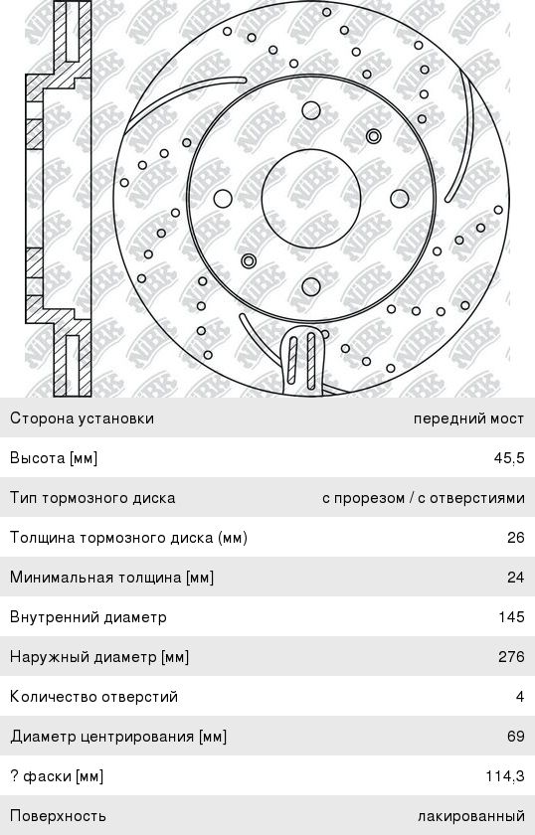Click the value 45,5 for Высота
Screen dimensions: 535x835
coord(509,458)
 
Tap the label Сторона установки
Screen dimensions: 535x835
coord(83,418)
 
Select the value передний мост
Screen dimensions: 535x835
coord(469,418)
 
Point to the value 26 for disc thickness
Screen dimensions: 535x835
coord(516,538)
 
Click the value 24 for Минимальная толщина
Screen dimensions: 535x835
coord(516,578)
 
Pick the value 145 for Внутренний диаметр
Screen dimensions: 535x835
coord(511,616)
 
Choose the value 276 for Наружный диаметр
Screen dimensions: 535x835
coord(511,657)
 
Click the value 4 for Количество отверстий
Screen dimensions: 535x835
coord(520,697)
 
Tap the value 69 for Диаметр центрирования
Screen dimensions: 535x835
coord(516,736)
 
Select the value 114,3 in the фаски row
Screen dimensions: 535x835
coord(505,776)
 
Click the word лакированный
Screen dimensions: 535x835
coord(471,816)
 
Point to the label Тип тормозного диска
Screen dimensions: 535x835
coord(92,498)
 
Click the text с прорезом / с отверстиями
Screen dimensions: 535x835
coord(424,498)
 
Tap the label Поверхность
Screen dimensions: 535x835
coord(58,816)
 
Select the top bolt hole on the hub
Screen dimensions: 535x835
coord(311,110)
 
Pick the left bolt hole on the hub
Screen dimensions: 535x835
coord(223,199)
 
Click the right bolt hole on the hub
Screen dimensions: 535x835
coord(400,199)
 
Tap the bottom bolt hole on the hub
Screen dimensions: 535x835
coord(311,287)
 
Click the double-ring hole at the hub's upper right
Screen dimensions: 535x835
coord(374,136)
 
